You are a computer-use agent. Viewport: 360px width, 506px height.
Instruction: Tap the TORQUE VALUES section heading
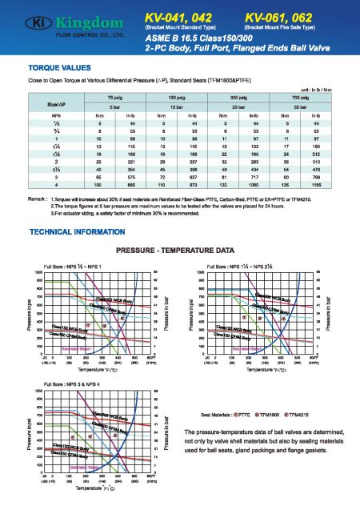(x=57, y=69)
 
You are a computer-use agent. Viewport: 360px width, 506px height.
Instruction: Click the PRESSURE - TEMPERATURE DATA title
(x=179, y=251)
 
